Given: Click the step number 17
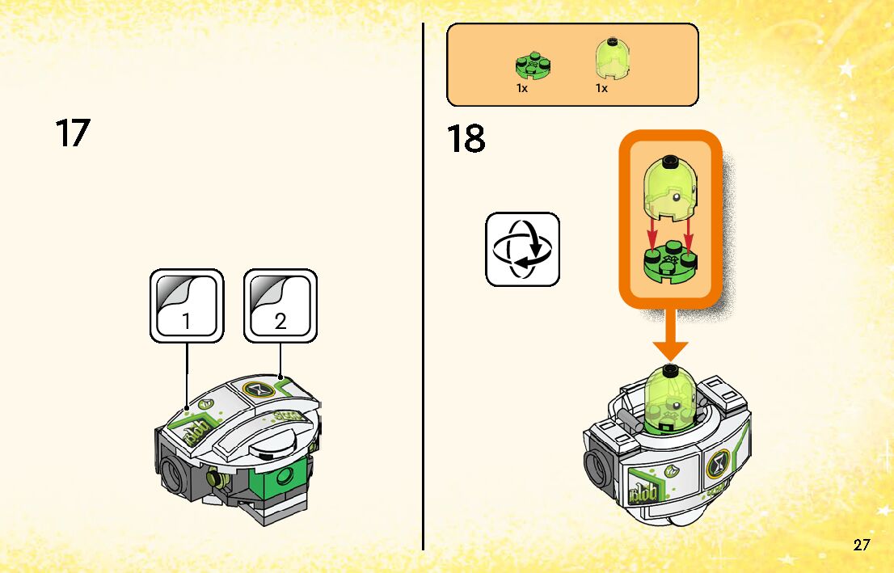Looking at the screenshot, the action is coord(72,133).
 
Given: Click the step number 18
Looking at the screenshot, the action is coord(466,139).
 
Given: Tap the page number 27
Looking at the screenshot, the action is coord(862,545).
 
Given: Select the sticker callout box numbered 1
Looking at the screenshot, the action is coord(187,305).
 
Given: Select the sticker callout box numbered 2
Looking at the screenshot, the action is coord(280,305).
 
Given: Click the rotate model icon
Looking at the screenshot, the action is coord(522,249).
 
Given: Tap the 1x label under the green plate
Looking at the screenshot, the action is coord(522,88).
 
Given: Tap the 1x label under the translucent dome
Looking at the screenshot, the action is coord(601,88).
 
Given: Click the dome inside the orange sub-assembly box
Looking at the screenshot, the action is coord(669,190).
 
